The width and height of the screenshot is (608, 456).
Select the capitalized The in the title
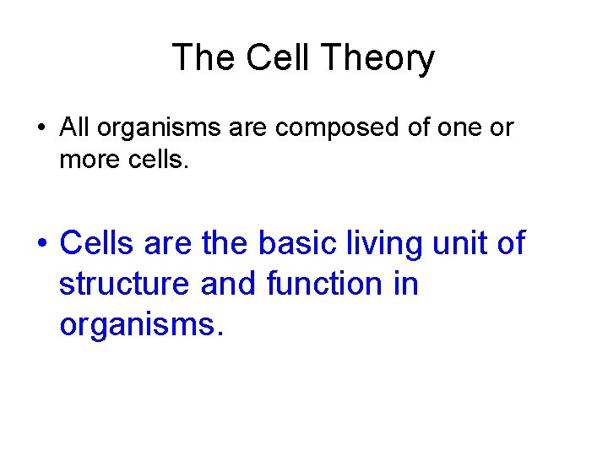click(204, 58)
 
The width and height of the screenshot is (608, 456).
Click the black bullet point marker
click(40, 129)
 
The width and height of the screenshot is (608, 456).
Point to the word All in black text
click(74, 128)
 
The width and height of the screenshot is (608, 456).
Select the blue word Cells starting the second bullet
click(98, 243)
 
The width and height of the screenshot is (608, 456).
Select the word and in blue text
click(228, 284)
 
